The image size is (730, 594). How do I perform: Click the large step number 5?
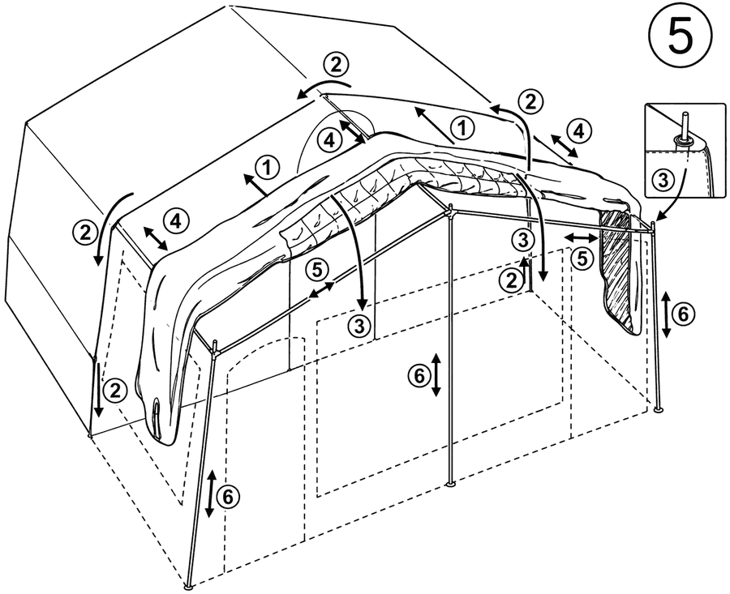[681, 37]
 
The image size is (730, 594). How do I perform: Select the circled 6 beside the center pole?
[419, 375]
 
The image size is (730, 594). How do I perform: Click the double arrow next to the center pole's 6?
[436, 375]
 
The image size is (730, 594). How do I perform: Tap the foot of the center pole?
[451, 485]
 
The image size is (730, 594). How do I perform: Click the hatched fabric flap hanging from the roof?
[620, 271]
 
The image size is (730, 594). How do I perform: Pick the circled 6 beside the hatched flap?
[682, 314]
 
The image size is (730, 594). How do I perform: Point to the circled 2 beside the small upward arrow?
[511, 280]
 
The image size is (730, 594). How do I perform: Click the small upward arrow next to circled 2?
[526, 272]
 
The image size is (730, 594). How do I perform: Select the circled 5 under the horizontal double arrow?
[583, 259]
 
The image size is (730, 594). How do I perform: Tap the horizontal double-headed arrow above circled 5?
[580, 238]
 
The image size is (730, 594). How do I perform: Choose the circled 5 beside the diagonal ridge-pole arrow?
[316, 270]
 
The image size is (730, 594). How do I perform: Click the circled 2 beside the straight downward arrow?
[115, 391]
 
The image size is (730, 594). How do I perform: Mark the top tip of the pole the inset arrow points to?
[653, 223]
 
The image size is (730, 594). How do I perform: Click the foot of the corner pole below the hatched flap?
[659, 410]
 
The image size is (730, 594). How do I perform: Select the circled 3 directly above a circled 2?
[524, 241]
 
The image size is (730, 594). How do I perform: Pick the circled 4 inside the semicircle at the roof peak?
[329, 140]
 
